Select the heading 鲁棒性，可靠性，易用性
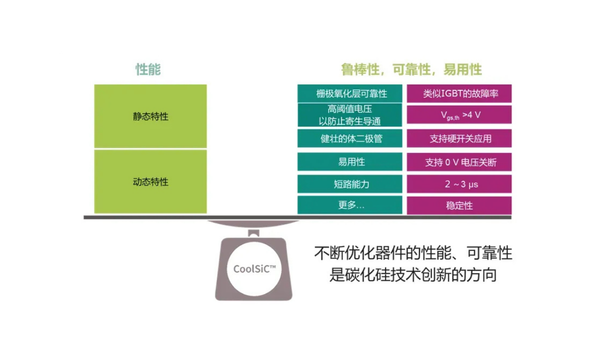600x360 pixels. coord(411,70)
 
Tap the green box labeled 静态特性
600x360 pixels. coord(151,116)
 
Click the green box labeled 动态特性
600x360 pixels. coord(151,182)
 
